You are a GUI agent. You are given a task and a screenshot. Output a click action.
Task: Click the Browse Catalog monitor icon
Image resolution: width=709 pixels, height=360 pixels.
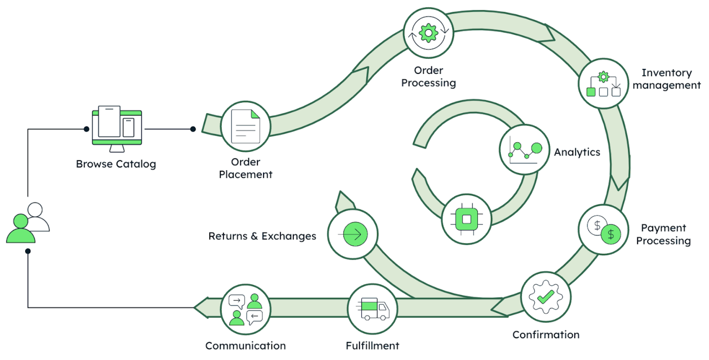(x=117, y=127)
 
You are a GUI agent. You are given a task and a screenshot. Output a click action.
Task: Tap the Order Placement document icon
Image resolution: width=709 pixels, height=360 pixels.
(x=246, y=126)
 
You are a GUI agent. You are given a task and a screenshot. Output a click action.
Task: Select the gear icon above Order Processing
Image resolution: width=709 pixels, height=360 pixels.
(x=428, y=33)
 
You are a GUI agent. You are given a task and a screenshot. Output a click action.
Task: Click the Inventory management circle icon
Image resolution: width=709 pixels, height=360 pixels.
(x=603, y=83)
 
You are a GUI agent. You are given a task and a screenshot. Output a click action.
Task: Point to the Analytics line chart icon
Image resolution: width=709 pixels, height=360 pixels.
(x=524, y=150)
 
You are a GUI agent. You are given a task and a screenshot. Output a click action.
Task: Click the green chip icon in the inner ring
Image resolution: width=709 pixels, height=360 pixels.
(x=467, y=219)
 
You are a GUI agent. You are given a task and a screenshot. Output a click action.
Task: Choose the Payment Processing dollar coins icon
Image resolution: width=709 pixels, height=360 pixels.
(x=603, y=230)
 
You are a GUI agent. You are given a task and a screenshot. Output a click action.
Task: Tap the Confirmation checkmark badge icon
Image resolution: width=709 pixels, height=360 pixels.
(x=545, y=297)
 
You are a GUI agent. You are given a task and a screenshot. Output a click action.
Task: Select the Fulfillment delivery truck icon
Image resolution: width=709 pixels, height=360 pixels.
(x=373, y=309)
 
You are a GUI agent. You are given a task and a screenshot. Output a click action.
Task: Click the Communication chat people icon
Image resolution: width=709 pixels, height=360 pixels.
(x=245, y=310)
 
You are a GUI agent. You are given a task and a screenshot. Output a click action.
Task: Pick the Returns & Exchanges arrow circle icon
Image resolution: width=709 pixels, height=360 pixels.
(x=353, y=234)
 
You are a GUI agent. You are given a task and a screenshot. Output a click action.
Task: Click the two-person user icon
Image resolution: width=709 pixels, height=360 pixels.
(x=28, y=223)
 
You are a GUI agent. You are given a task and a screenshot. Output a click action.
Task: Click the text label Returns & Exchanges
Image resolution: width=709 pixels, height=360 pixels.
(x=262, y=236)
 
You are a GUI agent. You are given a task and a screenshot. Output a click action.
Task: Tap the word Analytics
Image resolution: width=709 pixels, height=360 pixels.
(x=577, y=152)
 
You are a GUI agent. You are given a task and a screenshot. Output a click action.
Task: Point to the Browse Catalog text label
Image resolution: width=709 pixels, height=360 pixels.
(x=116, y=164)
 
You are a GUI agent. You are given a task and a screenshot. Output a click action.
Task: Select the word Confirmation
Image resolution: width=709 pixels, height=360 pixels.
(x=546, y=335)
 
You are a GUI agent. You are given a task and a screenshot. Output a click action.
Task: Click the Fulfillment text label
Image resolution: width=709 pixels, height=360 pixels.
(x=373, y=346)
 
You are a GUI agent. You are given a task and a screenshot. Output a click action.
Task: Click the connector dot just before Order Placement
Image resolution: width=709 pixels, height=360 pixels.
(x=193, y=129)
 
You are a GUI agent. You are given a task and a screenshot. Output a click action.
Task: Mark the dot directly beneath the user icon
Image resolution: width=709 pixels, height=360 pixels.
(x=28, y=251)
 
